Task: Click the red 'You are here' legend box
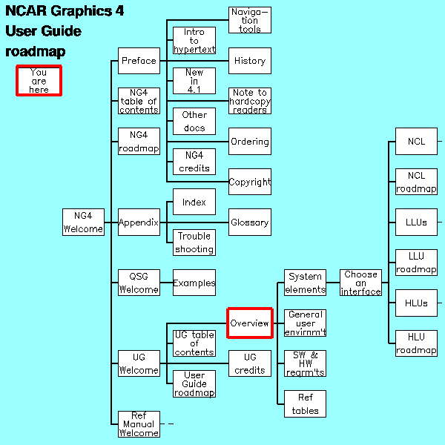pyautogui.click(x=39, y=80)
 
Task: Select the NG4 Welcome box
pyautogui.click(x=83, y=222)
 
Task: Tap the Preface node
pyautogui.click(x=139, y=61)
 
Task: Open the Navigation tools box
pyautogui.click(x=249, y=20)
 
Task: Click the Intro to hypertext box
pyautogui.click(x=194, y=41)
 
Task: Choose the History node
pyautogui.click(x=249, y=61)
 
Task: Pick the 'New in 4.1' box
pyautogui.click(x=194, y=81)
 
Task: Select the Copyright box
pyautogui.click(x=249, y=182)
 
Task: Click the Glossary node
pyautogui.click(x=249, y=222)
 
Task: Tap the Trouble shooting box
pyautogui.click(x=194, y=243)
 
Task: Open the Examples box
pyautogui.click(x=194, y=283)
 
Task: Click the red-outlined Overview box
pyautogui.click(x=250, y=323)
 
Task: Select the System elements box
pyautogui.click(x=305, y=283)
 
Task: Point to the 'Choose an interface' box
pyautogui.click(x=360, y=283)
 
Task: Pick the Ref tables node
pyautogui.click(x=305, y=403)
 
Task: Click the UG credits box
pyautogui.click(x=249, y=363)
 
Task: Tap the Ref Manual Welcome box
pyautogui.click(x=139, y=423)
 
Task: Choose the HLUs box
pyautogui.click(x=416, y=303)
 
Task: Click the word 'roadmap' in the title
pyautogui.click(x=36, y=52)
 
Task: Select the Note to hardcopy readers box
pyautogui.click(x=249, y=101)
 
